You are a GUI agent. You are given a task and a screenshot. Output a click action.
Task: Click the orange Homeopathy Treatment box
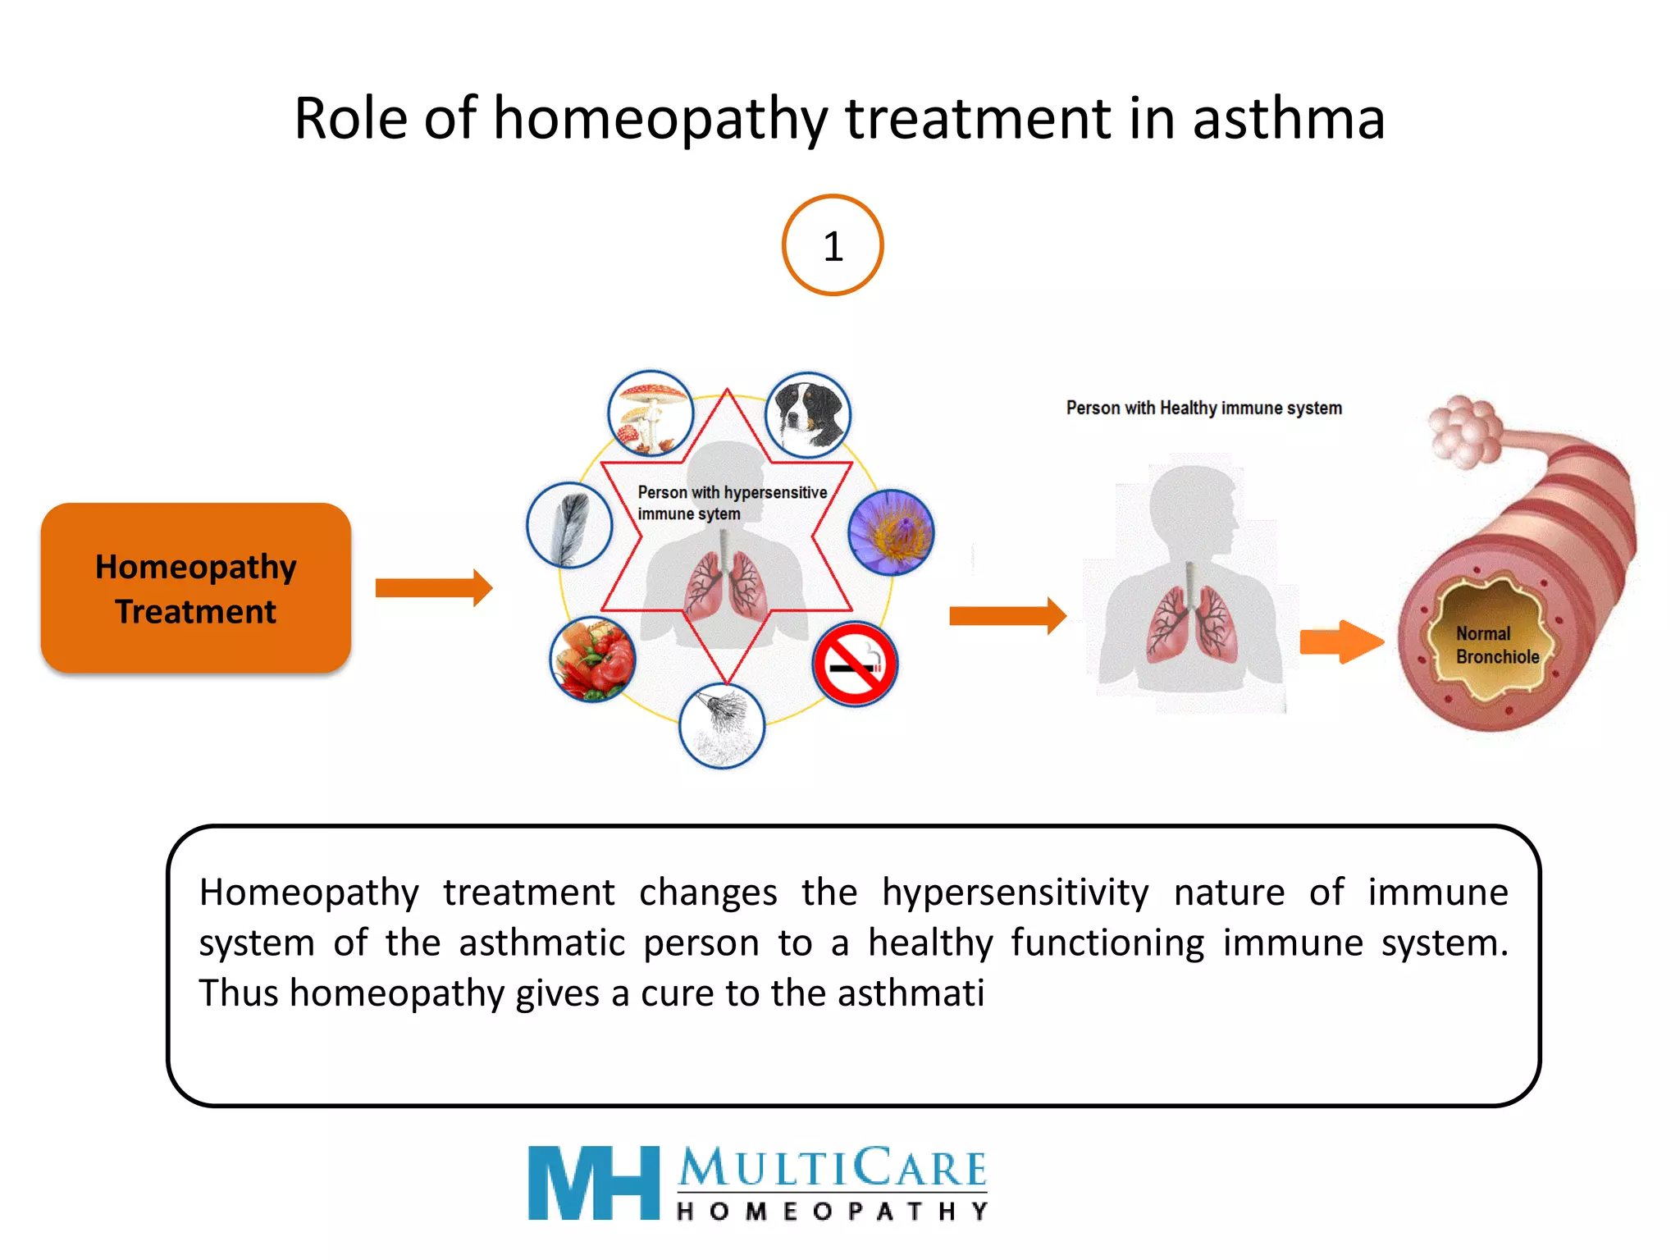196,588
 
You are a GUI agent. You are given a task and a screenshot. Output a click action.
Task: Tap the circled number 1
833,245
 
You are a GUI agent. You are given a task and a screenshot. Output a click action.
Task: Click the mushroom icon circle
651,413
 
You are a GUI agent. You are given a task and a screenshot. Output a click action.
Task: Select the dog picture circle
807,414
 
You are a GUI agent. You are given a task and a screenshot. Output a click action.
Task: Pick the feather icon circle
569,526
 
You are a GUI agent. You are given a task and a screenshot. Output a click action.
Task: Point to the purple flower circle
891,532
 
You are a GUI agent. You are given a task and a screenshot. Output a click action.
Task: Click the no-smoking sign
856,664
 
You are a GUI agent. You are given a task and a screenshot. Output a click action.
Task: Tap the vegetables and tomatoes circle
592,659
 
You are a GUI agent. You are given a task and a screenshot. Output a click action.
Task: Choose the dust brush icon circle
722,725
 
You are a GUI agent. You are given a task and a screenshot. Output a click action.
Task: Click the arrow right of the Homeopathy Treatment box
434,587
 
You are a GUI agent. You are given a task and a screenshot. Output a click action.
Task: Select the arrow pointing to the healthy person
1007,615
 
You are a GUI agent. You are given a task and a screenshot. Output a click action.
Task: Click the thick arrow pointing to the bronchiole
1341,641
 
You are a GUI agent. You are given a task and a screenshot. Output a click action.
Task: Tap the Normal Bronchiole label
1496,645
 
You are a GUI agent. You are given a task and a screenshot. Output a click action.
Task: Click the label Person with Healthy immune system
1203,408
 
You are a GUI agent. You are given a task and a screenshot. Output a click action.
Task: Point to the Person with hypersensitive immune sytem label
732,502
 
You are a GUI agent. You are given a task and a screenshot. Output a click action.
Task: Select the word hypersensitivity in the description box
1015,892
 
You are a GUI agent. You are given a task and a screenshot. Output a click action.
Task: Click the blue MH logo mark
593,1182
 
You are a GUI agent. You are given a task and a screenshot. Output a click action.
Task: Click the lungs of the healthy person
1192,623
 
